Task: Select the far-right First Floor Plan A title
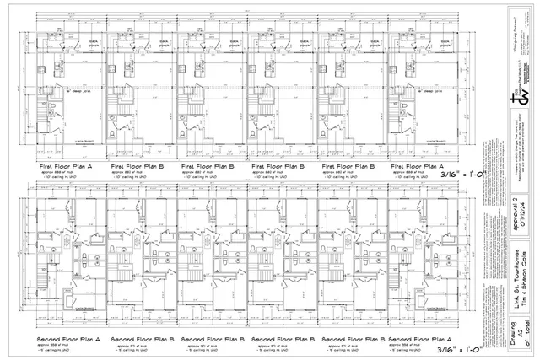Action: tap(418, 167)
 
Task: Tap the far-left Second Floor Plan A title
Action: tap(68, 339)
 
